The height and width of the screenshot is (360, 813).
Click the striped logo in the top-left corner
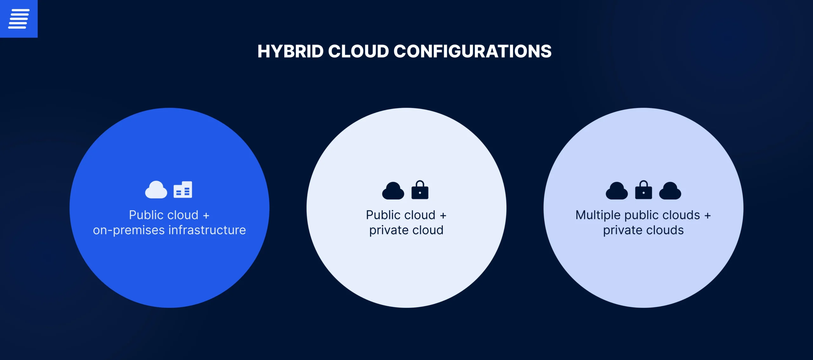tap(19, 19)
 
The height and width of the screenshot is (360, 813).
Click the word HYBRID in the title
tap(291, 51)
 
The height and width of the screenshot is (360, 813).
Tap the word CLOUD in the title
tap(359, 51)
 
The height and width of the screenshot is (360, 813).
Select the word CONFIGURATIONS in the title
tap(473, 51)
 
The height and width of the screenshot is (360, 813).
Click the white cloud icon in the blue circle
tap(156, 190)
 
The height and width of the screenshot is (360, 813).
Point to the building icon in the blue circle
tap(183, 190)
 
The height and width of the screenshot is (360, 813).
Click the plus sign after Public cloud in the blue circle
tap(206, 216)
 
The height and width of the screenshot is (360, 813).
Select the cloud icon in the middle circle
tap(393, 191)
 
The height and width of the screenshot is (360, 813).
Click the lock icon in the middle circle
tap(420, 190)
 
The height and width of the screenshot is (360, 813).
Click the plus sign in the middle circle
tap(443, 216)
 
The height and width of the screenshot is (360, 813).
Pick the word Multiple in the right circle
tap(598, 215)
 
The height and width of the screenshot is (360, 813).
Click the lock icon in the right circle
tap(643, 190)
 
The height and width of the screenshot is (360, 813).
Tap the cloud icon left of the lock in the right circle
tap(617, 191)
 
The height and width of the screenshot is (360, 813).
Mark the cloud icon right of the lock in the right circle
tap(670, 191)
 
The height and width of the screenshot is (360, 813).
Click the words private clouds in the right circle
tap(643, 230)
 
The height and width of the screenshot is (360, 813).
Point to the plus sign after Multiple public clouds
tap(708, 216)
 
